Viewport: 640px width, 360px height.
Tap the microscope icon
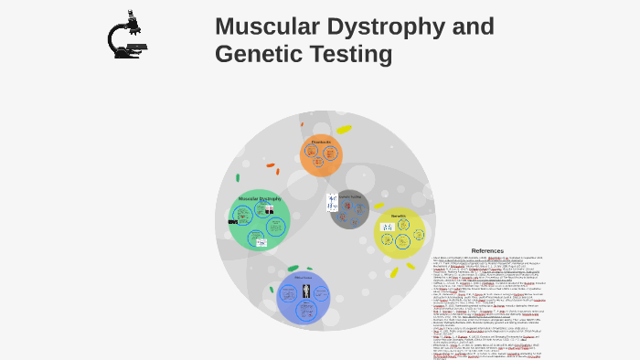tap(127, 36)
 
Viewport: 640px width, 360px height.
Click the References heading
tap(487, 250)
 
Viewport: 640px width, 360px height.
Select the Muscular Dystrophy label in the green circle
tap(260, 198)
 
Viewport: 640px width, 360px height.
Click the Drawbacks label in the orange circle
tap(321, 142)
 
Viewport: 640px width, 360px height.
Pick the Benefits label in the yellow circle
tap(399, 216)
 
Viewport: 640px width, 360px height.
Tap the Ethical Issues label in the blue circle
tap(303, 278)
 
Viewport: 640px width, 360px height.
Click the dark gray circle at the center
tap(349, 209)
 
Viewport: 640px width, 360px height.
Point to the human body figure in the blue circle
tap(304, 293)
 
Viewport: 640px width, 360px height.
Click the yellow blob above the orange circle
tap(344, 129)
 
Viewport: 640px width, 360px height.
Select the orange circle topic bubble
tap(321, 155)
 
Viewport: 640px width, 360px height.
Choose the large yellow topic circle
tap(400, 233)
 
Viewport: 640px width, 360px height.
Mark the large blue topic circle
tap(303, 298)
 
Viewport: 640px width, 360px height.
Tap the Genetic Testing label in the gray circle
tap(350, 196)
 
